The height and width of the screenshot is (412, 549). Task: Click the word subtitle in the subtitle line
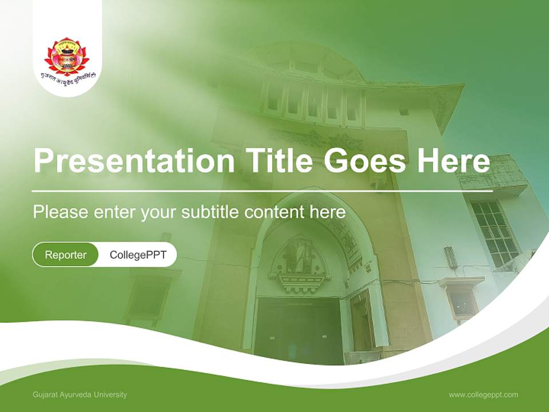click(211, 212)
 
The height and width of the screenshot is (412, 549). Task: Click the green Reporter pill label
click(65, 255)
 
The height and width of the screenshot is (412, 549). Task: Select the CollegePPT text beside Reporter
click(138, 255)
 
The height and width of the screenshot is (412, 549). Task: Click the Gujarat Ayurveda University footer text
click(80, 395)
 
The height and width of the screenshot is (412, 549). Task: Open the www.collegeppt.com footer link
click(483, 395)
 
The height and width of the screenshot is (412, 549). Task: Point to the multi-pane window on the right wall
click(494, 232)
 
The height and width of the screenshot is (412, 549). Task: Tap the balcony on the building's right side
click(493, 175)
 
